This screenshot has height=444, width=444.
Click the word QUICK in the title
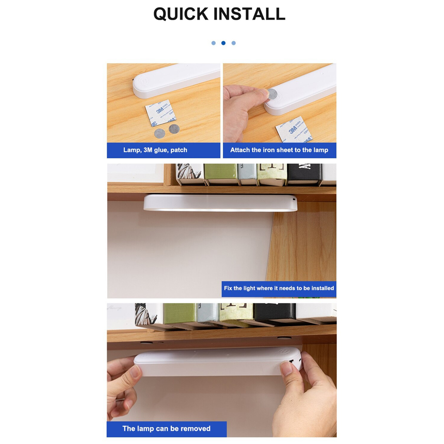(x=181, y=14)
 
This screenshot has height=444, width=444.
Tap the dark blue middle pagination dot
(x=223, y=43)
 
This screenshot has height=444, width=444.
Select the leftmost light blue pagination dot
(x=214, y=43)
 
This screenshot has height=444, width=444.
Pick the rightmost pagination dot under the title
(x=234, y=43)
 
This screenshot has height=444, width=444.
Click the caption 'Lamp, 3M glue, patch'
(x=155, y=150)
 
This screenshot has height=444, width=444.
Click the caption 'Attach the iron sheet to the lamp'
(x=279, y=150)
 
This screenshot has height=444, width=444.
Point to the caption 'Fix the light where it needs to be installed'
(x=279, y=288)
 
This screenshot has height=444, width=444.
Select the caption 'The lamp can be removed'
(x=166, y=428)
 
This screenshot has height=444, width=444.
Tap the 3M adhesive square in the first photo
(x=161, y=113)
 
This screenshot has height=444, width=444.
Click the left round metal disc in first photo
(x=159, y=133)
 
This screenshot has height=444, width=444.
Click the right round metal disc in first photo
(x=174, y=129)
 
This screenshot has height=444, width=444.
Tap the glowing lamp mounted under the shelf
(x=220, y=202)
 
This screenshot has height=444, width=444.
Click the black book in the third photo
(x=304, y=173)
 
